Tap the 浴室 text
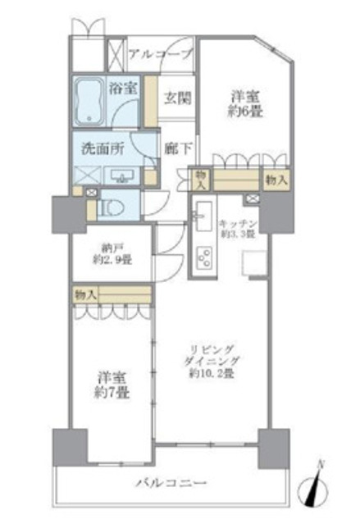tap(123, 89)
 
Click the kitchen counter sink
tap(201, 217)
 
